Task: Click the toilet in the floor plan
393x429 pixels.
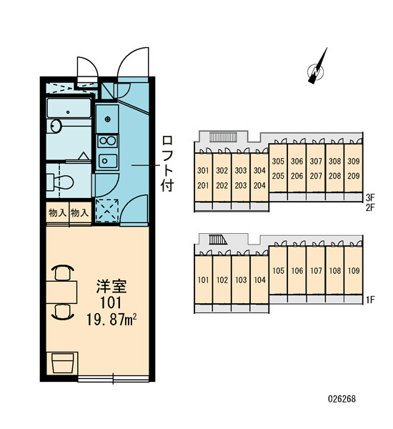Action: point(60,182)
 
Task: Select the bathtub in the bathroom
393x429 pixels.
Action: point(69,108)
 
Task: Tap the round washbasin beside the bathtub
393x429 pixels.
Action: point(56,127)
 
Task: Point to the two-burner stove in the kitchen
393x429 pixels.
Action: point(107,141)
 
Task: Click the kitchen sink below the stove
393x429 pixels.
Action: point(108,161)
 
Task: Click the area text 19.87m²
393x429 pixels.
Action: point(111,320)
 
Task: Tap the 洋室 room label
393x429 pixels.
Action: point(111,287)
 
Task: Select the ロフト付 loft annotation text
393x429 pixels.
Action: point(167,163)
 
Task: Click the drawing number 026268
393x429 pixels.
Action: point(342,399)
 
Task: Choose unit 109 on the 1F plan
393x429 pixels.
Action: point(354,270)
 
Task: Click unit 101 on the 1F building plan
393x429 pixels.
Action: point(203,280)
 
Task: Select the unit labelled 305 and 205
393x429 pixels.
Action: point(278,169)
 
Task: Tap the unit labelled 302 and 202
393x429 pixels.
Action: point(222,178)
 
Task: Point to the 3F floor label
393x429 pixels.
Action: point(371,197)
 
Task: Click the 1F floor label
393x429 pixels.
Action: point(370,300)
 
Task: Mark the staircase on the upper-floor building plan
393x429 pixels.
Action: point(223,137)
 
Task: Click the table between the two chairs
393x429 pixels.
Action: point(61,292)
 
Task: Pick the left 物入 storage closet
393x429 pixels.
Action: point(57,213)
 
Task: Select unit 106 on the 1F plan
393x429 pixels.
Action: point(297,270)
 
